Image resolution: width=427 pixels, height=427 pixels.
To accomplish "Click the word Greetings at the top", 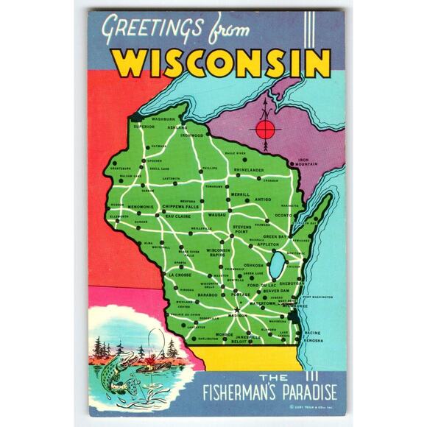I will pos(153,29).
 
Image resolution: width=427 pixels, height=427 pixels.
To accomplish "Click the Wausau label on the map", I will pos(216,214).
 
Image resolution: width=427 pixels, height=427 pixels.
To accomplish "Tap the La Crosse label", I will pos(179,275).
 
